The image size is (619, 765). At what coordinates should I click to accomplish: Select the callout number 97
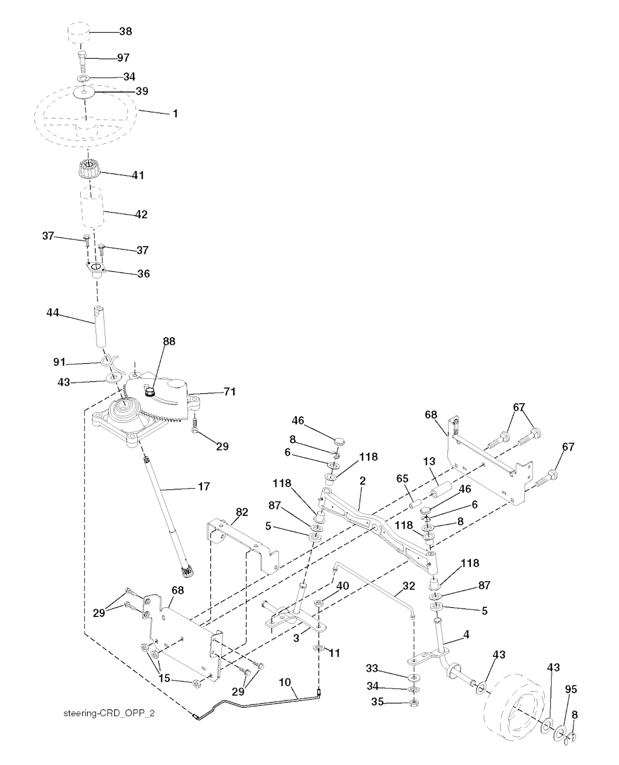point(123,57)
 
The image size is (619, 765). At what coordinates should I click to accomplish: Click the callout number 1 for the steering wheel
point(175,113)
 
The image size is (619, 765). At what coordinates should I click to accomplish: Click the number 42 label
point(141,215)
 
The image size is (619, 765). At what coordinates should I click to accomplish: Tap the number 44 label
point(54,312)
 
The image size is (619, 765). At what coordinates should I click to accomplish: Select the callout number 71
point(212,392)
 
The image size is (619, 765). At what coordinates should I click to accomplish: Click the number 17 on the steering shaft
point(204,485)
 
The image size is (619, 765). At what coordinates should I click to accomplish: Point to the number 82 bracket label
point(242,512)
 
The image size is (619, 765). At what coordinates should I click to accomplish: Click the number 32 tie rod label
point(409,586)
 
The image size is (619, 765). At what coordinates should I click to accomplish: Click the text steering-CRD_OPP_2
point(109,713)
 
